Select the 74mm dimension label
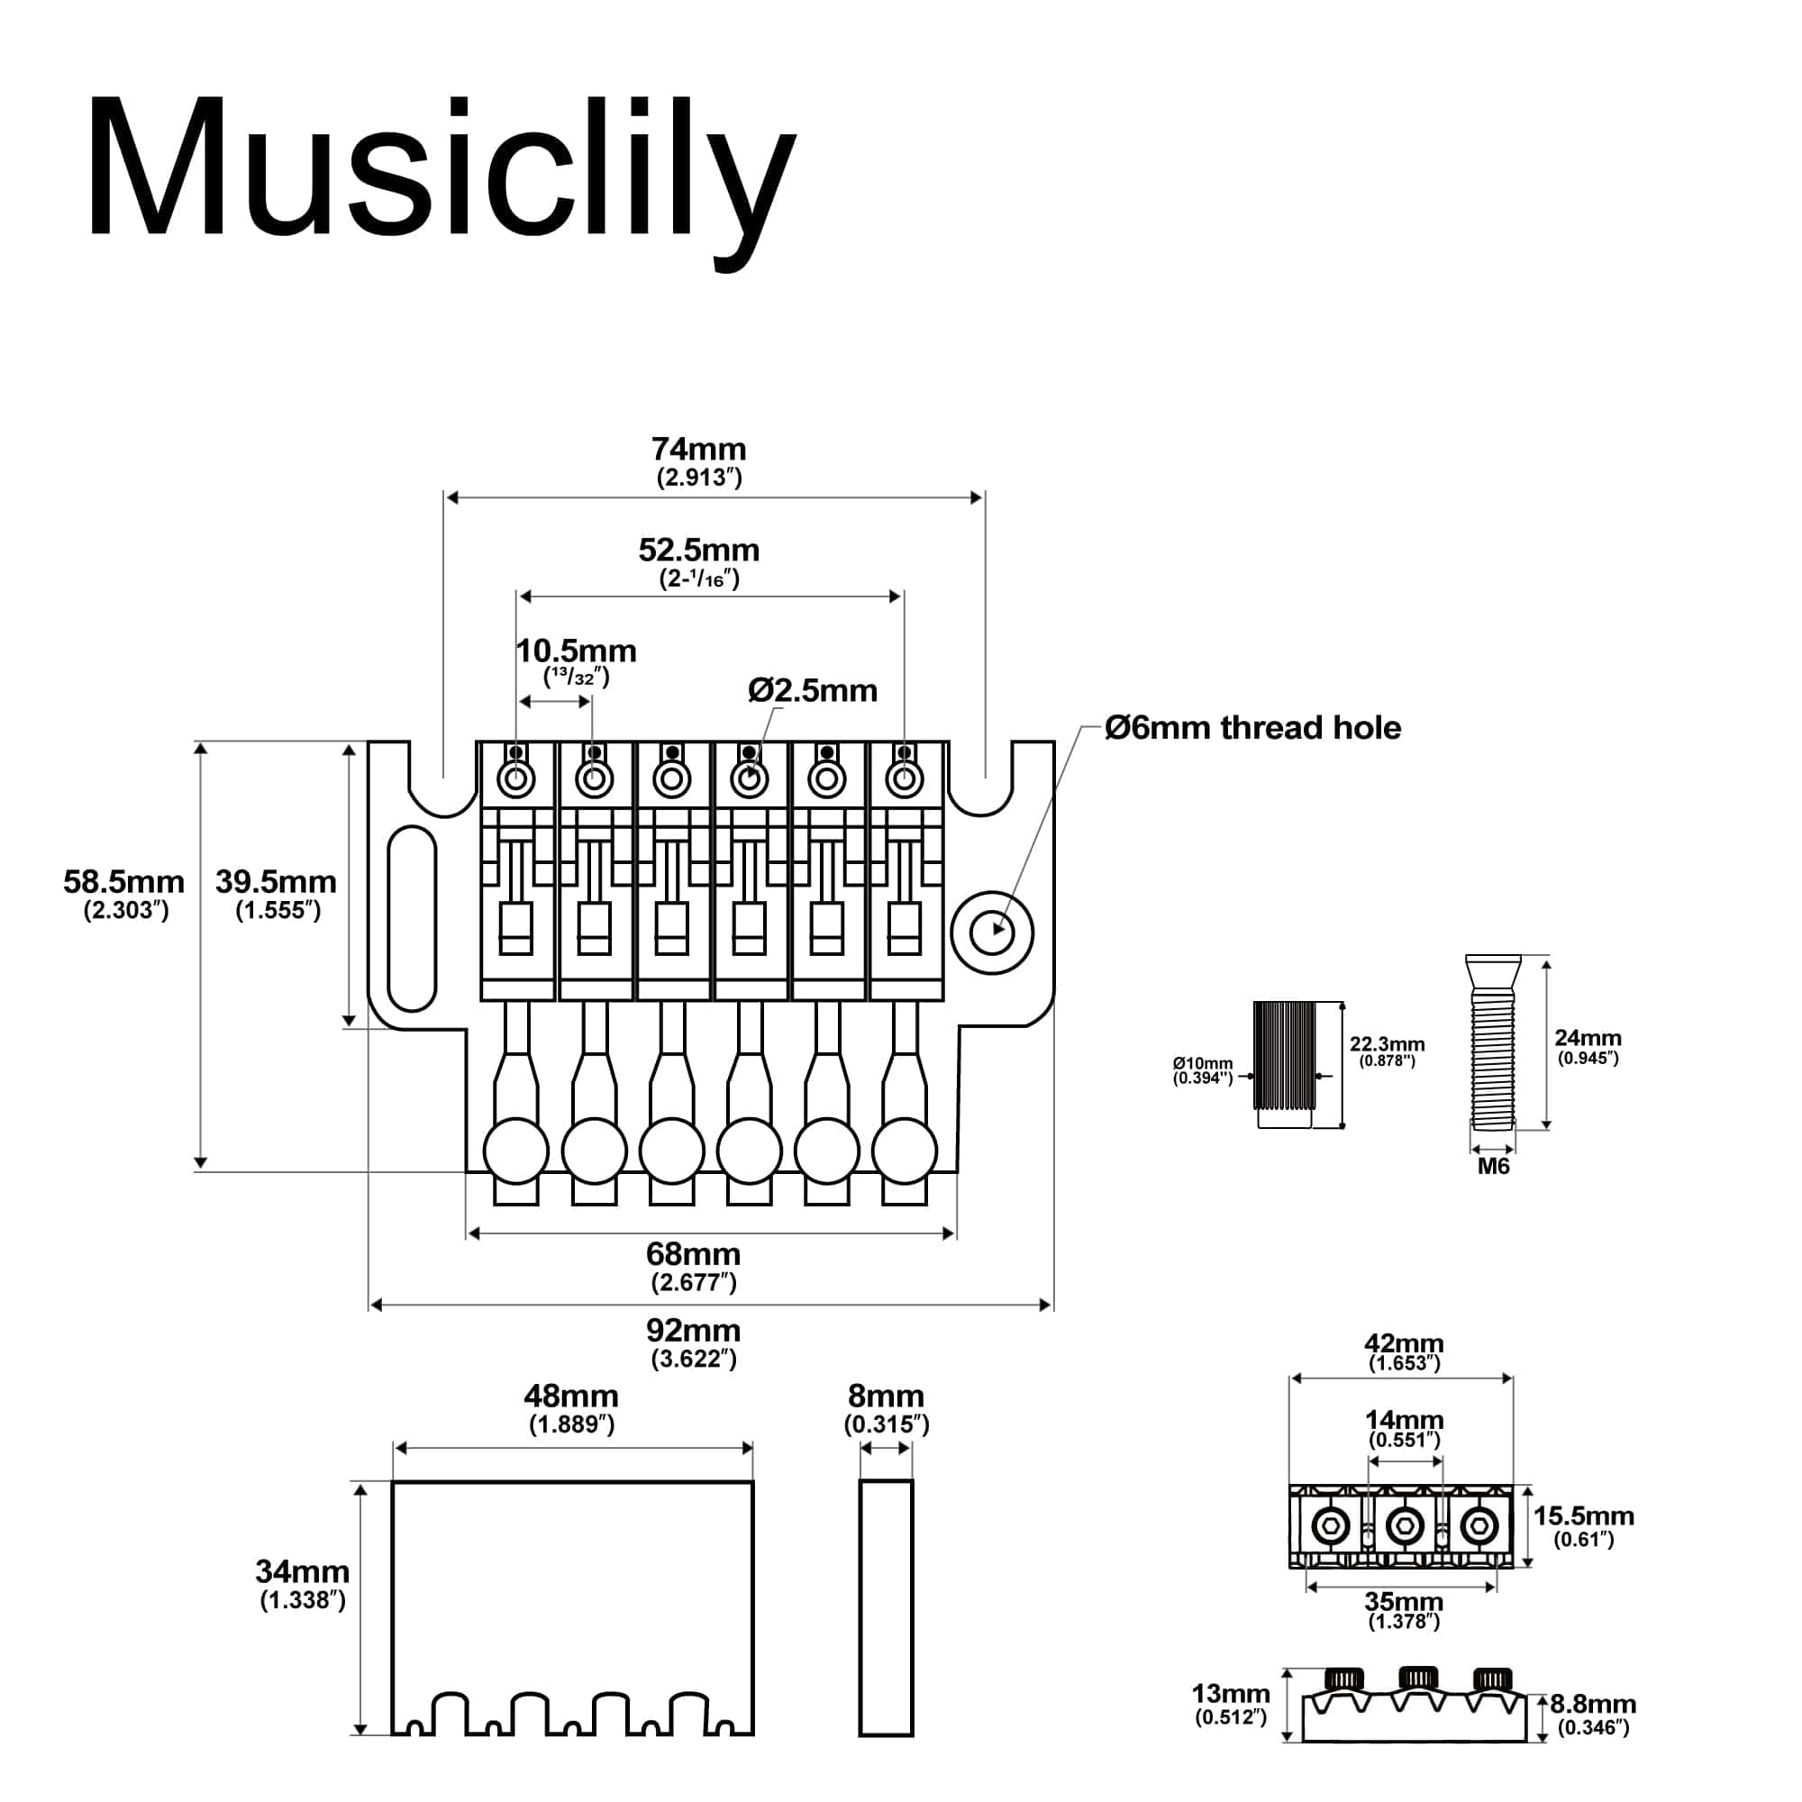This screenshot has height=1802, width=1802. pos(698,450)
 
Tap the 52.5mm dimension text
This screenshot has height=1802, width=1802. pos(698,551)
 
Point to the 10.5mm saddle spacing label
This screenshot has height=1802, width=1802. pos(577,651)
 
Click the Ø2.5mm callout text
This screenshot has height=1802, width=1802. pos(813,691)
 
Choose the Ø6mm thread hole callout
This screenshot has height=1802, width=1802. pos(1252,728)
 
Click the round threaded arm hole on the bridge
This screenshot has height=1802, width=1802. pos(992,931)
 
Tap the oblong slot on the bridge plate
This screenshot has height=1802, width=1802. pos(412,918)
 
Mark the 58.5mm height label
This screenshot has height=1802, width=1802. pos(124,882)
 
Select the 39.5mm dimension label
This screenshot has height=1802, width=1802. pos(276,882)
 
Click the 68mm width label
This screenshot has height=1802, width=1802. pos(693,1253)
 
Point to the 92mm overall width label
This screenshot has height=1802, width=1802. pos(693,1330)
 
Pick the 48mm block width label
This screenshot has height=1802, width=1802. pos(571,1397)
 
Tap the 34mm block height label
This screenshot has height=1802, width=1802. pos(302,1571)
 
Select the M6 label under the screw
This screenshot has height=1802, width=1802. pos(1492,1167)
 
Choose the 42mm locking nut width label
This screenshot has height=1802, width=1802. pos(1404,1344)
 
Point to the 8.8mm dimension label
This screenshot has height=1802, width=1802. pos(1593,1704)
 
